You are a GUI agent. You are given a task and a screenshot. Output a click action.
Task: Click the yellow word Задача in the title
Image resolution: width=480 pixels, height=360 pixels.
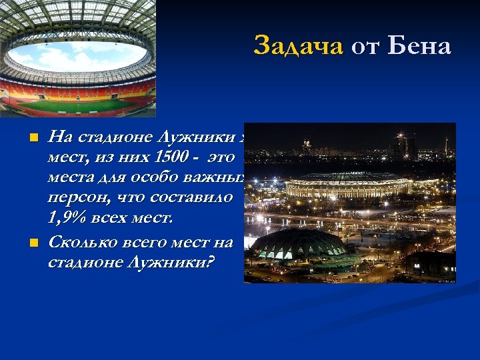[x=298, y=46]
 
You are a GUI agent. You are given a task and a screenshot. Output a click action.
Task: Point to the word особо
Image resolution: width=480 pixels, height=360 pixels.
[x=152, y=178]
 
